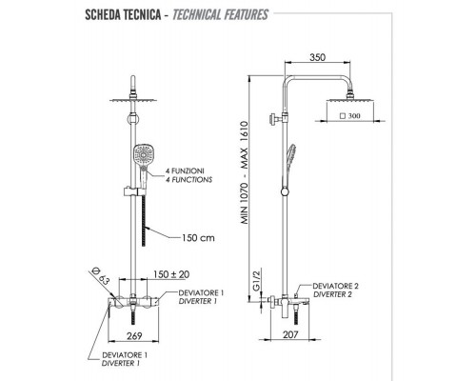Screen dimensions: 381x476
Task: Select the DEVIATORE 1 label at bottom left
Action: coord(122,353)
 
